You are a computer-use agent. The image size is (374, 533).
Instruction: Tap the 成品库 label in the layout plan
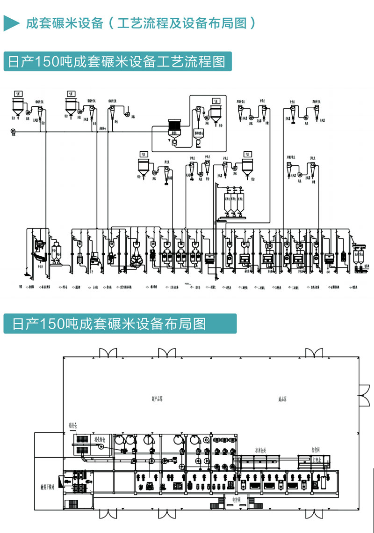coord(282,399)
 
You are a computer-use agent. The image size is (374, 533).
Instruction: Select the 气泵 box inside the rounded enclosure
coord(216,100)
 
